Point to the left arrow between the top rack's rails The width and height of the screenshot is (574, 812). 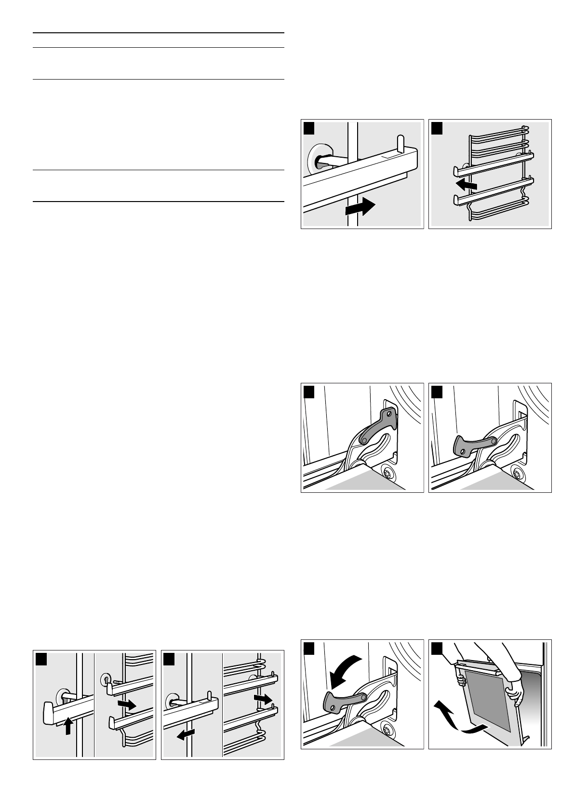click(x=467, y=184)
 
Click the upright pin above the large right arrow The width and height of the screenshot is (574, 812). click(x=400, y=142)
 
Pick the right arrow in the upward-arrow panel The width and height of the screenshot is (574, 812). click(x=127, y=705)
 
